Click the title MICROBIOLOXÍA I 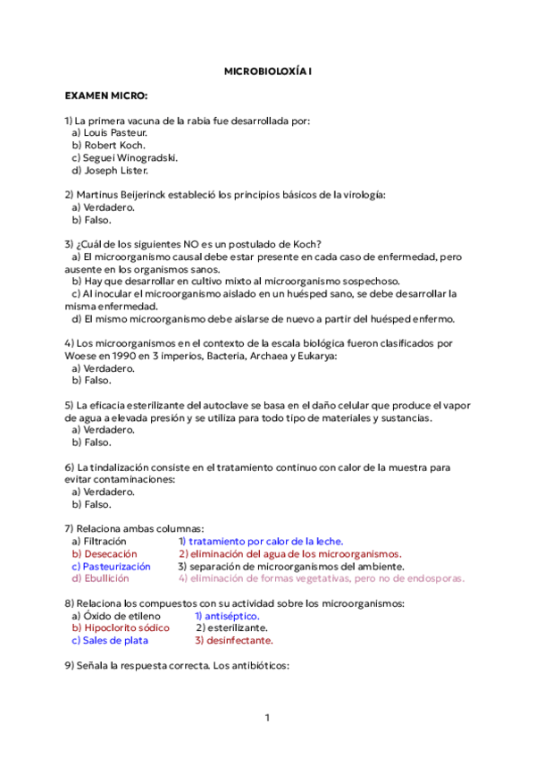point(267,69)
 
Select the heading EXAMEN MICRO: point(106,95)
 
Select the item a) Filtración point(98,542)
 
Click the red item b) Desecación point(104,554)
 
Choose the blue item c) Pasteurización point(111,567)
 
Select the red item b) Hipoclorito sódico point(120,628)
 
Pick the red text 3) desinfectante point(233,641)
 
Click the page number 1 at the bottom point(266,718)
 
